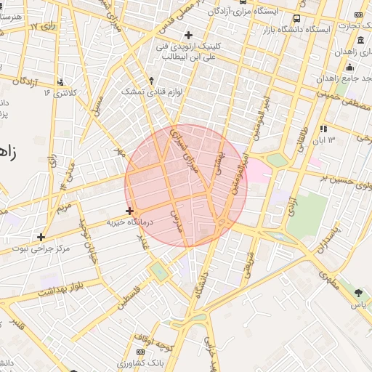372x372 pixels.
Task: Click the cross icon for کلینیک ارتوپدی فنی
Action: (x=188, y=34)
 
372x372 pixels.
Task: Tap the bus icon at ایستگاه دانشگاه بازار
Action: (x=296, y=18)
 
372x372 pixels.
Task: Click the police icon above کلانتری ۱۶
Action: (x=60, y=82)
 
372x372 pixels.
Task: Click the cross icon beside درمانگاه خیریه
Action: (x=129, y=211)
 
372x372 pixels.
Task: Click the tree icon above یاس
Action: (x=359, y=293)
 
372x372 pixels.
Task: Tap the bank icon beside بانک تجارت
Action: (x=358, y=15)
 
